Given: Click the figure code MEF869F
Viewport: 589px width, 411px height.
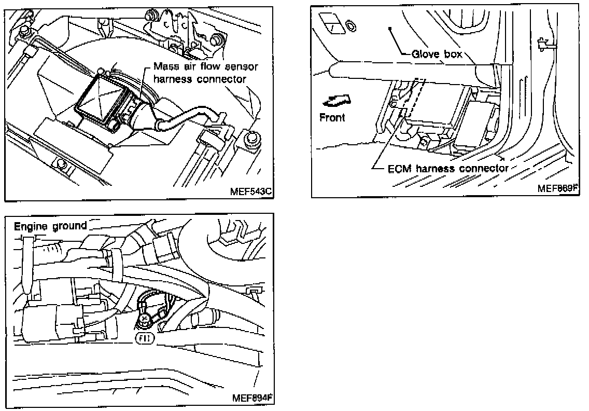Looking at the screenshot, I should coord(557,188).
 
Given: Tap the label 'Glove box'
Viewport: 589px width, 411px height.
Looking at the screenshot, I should coord(436,54).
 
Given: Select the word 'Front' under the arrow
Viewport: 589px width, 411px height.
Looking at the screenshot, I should coord(332,117).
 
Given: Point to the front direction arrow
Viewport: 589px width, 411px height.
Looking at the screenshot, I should coord(335,98).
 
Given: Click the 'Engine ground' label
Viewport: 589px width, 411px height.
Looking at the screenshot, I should coord(50,226).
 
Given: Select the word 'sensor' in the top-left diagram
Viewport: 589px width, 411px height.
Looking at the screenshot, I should coord(243,67).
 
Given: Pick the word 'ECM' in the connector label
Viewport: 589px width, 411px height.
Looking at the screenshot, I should coord(399,168).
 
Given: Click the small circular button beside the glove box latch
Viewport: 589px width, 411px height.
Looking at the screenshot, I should coord(350,24).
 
